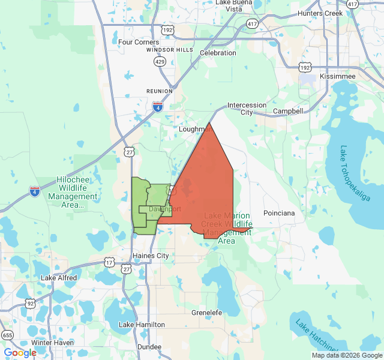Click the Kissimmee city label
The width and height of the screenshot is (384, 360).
point(337,76)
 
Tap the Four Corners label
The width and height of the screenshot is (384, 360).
point(139,42)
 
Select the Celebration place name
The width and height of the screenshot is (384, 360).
point(218,53)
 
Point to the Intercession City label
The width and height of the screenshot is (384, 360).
point(247,109)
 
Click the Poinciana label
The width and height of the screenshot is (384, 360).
point(280,213)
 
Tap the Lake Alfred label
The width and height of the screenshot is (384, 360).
point(59,278)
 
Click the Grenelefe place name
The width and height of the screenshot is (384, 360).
point(206,313)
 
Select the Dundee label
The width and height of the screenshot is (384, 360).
point(149,347)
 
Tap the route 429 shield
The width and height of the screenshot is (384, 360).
point(160,62)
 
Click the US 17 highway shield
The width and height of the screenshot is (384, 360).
point(109,263)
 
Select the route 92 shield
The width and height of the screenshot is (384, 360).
point(30,304)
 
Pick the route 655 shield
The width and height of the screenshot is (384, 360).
point(7,335)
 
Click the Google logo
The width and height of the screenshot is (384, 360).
point(20,353)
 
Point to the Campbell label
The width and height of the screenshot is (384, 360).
point(288,112)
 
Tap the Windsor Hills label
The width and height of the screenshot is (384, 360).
point(170,49)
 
